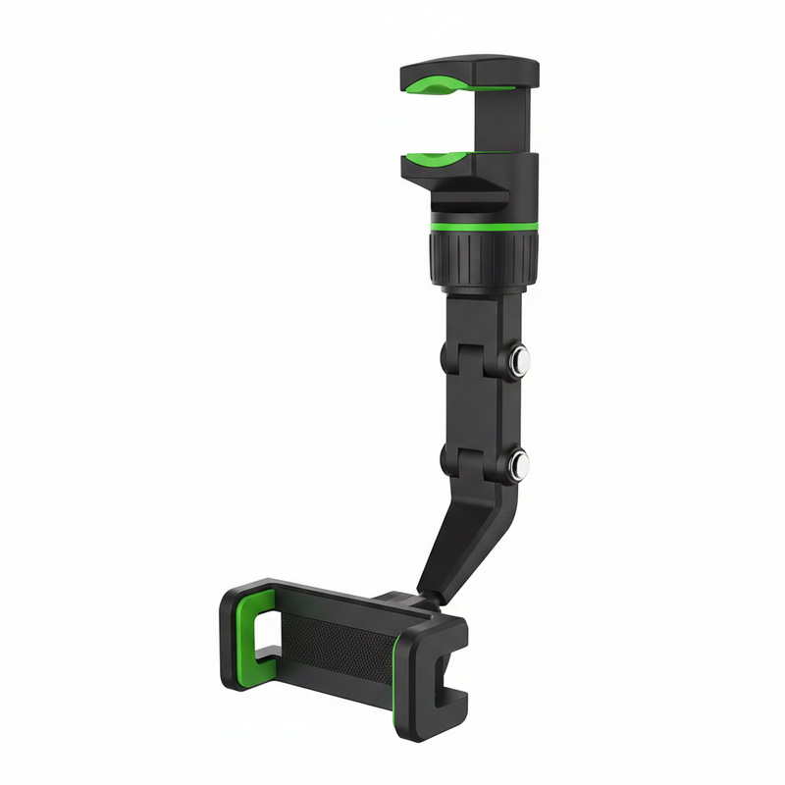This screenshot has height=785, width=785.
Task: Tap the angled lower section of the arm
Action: (461, 540)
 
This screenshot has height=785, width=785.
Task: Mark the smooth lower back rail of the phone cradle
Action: (324, 692)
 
